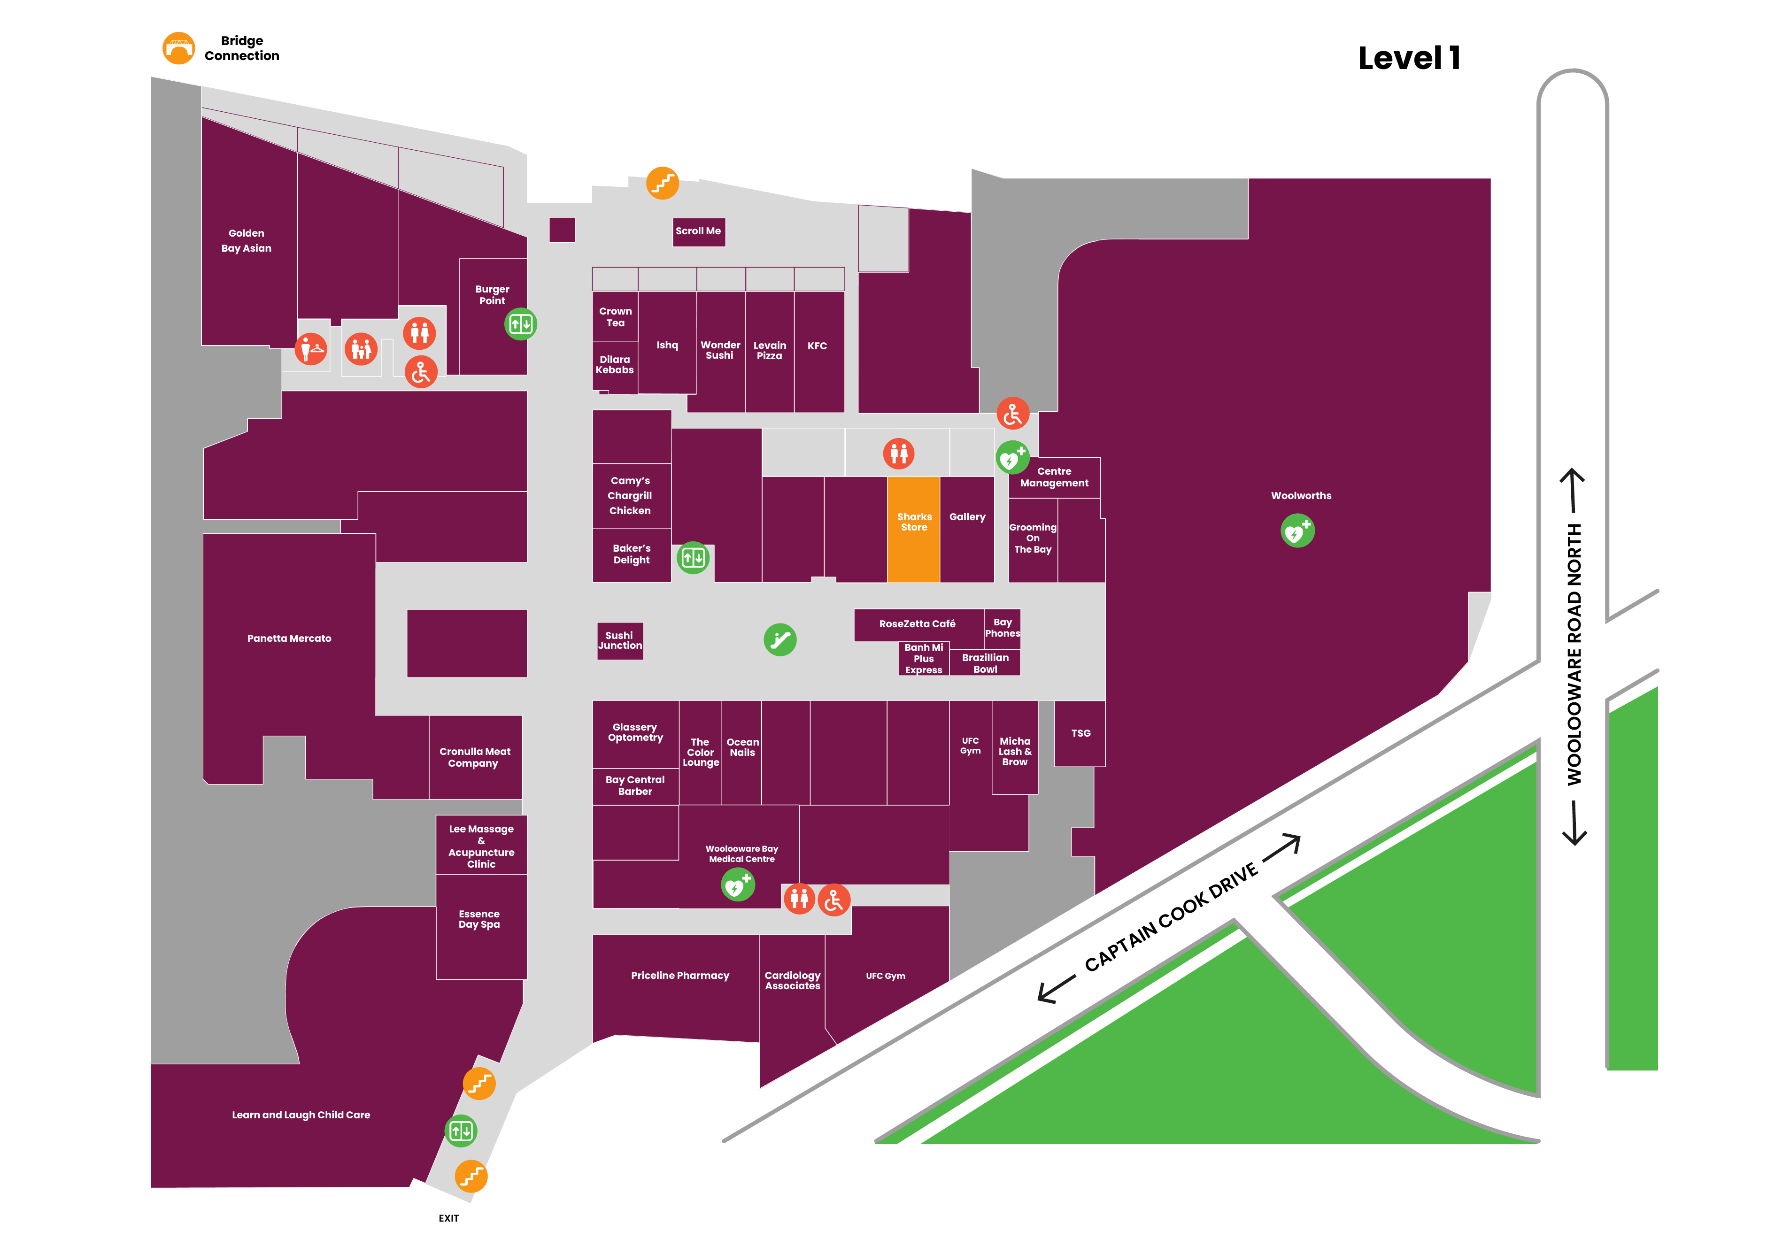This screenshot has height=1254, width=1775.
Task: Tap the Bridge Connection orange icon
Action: click(x=178, y=48)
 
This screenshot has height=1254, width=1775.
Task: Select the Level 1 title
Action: click(x=1409, y=58)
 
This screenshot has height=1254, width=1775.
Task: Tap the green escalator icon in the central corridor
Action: click(x=780, y=640)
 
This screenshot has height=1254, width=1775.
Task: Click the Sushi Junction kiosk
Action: click(x=620, y=641)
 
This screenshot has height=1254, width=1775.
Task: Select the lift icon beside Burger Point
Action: click(x=520, y=324)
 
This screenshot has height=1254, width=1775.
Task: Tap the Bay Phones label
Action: click(x=1003, y=628)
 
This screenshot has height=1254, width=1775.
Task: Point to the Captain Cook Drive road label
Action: click(x=1171, y=918)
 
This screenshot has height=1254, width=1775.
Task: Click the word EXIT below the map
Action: click(x=448, y=1218)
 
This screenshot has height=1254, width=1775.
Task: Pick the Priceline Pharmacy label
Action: click(x=680, y=976)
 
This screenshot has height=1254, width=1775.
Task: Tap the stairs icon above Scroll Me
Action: click(x=663, y=183)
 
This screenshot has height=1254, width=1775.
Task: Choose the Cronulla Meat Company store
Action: click(x=475, y=757)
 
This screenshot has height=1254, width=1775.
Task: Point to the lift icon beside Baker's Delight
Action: click(x=693, y=557)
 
